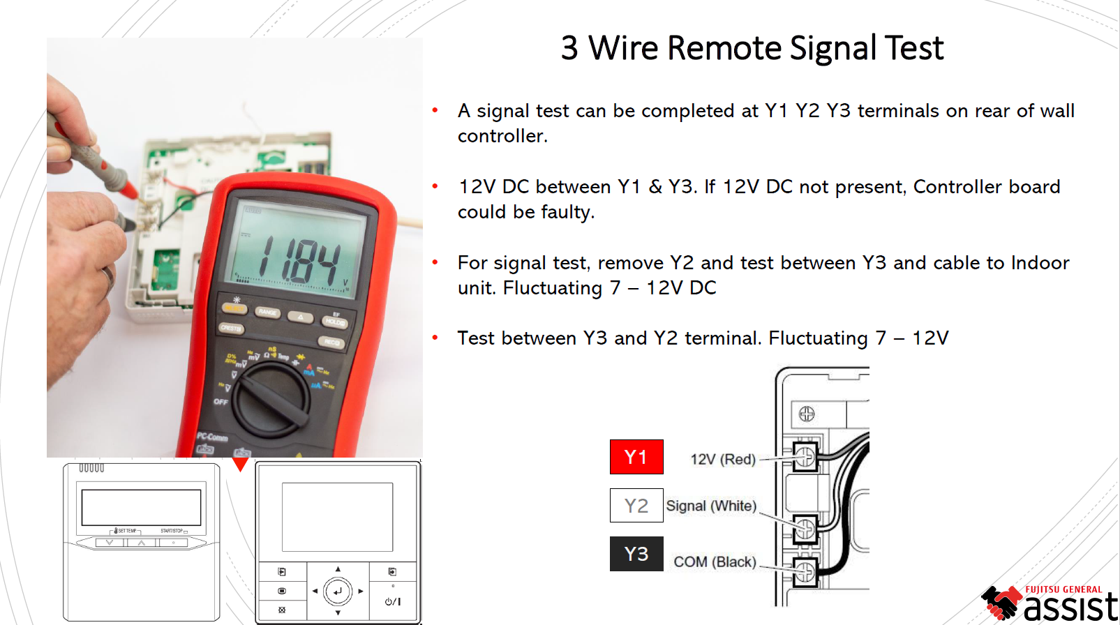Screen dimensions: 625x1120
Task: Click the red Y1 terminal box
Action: [x=636, y=457]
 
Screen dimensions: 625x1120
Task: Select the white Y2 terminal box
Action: [x=636, y=506]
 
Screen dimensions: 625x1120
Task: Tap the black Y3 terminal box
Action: [x=636, y=554]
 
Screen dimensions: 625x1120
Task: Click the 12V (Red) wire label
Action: [x=723, y=459]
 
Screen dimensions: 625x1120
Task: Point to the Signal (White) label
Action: [x=711, y=506]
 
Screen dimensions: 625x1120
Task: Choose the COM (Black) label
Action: [x=715, y=562]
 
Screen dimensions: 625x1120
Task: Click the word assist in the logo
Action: [x=1070, y=606]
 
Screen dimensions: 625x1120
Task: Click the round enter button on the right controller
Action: [x=338, y=592]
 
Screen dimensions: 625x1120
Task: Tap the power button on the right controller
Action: [x=393, y=601]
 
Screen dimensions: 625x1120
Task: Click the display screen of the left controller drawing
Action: [x=141, y=507]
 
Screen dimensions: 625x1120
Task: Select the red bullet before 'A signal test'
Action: [x=435, y=110]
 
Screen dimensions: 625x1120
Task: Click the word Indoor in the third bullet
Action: [x=1040, y=263]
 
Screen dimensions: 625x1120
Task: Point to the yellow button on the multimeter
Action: [x=234, y=308]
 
